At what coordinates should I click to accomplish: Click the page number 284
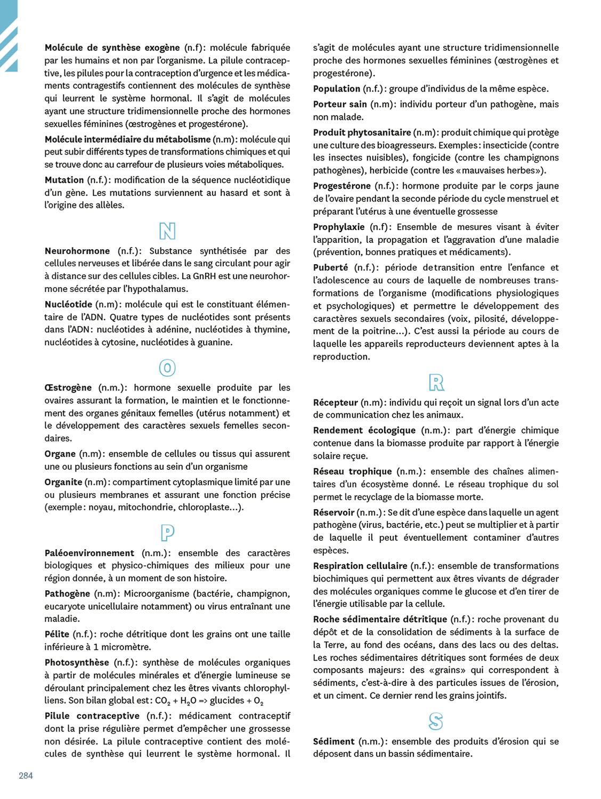click(26, 776)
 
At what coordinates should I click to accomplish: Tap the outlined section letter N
click(167, 231)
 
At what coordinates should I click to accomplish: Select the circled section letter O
click(167, 368)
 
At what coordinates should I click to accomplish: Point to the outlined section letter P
click(167, 533)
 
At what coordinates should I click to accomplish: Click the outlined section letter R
click(436, 382)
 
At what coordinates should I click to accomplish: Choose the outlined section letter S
click(436, 722)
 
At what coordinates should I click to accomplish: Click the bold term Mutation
click(64, 180)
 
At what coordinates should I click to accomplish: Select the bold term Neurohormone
click(77, 251)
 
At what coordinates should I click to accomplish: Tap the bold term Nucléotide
click(68, 304)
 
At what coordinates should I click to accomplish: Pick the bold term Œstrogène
click(68, 388)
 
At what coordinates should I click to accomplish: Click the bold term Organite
click(63, 482)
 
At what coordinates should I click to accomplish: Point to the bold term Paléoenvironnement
click(90, 553)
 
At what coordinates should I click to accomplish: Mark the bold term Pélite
click(57, 634)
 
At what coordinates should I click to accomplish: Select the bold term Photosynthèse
click(77, 663)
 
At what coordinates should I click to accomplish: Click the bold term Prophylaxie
click(339, 227)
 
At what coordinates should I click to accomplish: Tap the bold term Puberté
click(330, 267)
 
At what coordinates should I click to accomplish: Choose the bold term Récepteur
click(336, 403)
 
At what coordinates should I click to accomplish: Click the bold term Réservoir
click(334, 512)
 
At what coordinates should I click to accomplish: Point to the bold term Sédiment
click(334, 741)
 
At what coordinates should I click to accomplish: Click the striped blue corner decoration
click(9, 35)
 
